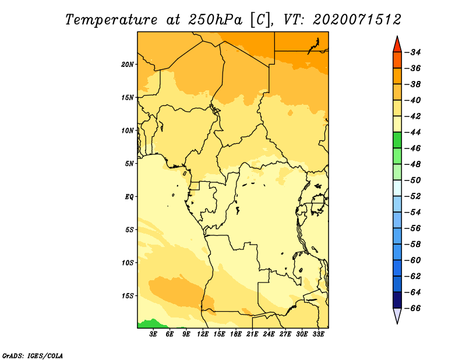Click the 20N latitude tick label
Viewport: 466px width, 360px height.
coord(128,65)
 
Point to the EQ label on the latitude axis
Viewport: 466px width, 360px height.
coord(129,197)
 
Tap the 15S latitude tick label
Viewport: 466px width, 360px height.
coord(128,296)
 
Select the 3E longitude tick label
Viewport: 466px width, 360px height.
coord(153,334)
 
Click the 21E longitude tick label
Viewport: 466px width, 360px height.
coord(252,334)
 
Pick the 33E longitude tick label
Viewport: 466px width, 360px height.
coord(318,334)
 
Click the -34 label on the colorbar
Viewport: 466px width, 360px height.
coord(413,52)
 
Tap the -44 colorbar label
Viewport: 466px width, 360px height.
coord(413,132)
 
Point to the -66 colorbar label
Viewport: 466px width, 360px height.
coord(413,308)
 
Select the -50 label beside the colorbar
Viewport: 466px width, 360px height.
coord(413,181)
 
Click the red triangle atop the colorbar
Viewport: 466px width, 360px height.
coord(397,45)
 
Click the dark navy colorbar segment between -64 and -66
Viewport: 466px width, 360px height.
coord(397,300)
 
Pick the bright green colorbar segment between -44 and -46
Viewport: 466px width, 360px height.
coord(397,140)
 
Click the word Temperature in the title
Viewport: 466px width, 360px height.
coord(111,20)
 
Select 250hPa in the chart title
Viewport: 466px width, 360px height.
coord(216,20)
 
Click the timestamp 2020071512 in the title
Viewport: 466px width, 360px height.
coord(357,20)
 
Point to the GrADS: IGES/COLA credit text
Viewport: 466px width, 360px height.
coord(33,355)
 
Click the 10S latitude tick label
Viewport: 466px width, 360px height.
coord(128,263)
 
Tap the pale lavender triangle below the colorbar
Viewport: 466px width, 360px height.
coord(397,316)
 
